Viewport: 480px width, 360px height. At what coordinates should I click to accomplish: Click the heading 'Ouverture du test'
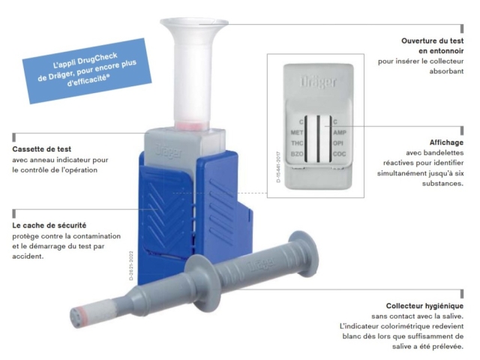click(432, 40)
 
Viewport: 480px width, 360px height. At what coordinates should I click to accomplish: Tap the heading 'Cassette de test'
click(42, 149)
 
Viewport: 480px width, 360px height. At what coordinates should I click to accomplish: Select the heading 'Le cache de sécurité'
click(49, 225)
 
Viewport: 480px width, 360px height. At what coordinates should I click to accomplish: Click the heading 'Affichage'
click(446, 142)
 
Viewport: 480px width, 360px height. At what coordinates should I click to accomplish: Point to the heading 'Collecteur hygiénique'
click(424, 306)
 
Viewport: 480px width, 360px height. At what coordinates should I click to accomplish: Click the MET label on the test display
click(297, 133)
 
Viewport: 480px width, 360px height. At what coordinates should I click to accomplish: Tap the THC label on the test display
click(297, 143)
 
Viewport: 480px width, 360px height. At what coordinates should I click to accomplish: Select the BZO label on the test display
click(297, 154)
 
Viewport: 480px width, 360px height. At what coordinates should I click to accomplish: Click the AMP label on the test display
click(340, 133)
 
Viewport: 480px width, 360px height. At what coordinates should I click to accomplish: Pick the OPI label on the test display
click(338, 143)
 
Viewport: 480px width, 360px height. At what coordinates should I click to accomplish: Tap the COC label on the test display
click(339, 154)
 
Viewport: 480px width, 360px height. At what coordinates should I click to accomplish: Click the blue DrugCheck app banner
click(87, 70)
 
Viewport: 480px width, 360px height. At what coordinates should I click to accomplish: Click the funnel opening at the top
click(194, 22)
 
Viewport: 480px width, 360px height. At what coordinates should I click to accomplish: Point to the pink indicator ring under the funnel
click(191, 125)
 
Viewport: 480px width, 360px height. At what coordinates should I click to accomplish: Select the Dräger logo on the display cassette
click(318, 82)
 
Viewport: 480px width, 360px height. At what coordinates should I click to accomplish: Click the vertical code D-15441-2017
click(278, 166)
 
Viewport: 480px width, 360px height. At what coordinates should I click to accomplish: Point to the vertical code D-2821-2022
click(131, 265)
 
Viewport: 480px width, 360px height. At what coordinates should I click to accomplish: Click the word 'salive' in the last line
click(402, 346)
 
